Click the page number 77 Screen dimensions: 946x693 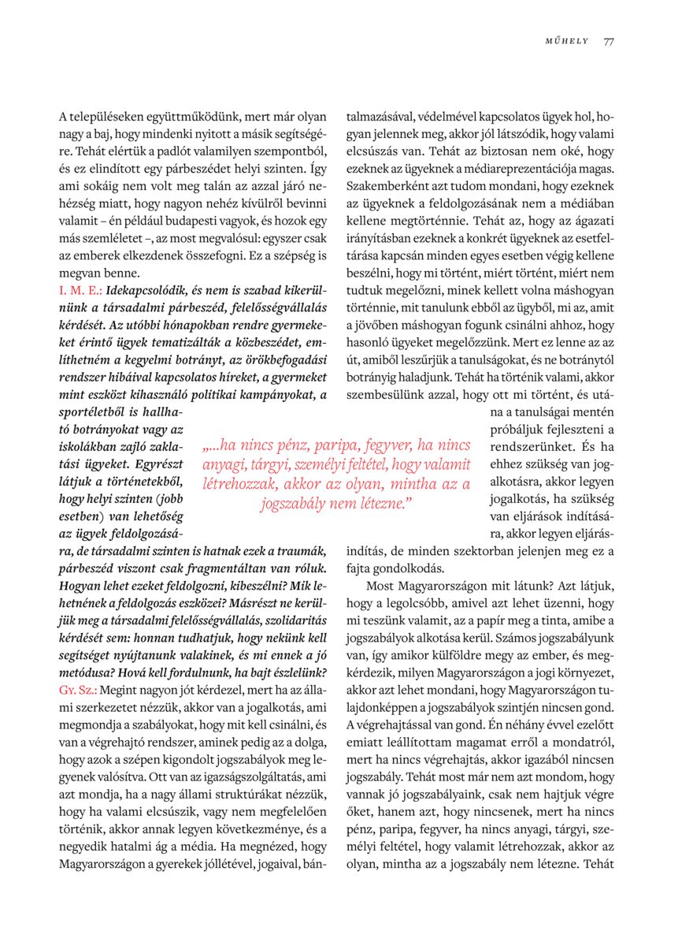click(x=609, y=41)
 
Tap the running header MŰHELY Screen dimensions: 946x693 click(x=567, y=41)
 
